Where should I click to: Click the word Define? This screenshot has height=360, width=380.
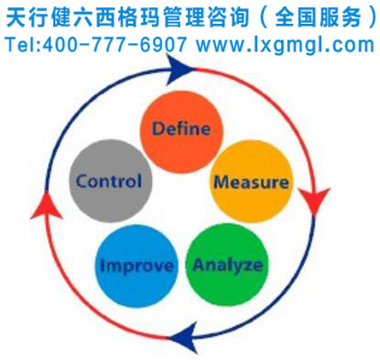coord(180,127)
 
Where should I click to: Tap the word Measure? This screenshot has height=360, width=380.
coord(251,181)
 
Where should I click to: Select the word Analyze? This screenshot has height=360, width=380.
coord(227,266)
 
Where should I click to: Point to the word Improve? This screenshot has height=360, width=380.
coord(136,267)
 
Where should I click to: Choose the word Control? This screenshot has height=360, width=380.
coord(109,180)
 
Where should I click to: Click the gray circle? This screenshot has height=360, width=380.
coord(109,180)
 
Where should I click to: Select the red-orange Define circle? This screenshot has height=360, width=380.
coord(180,127)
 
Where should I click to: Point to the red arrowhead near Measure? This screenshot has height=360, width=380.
coord(317,201)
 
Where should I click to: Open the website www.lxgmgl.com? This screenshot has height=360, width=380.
coord(285,44)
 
